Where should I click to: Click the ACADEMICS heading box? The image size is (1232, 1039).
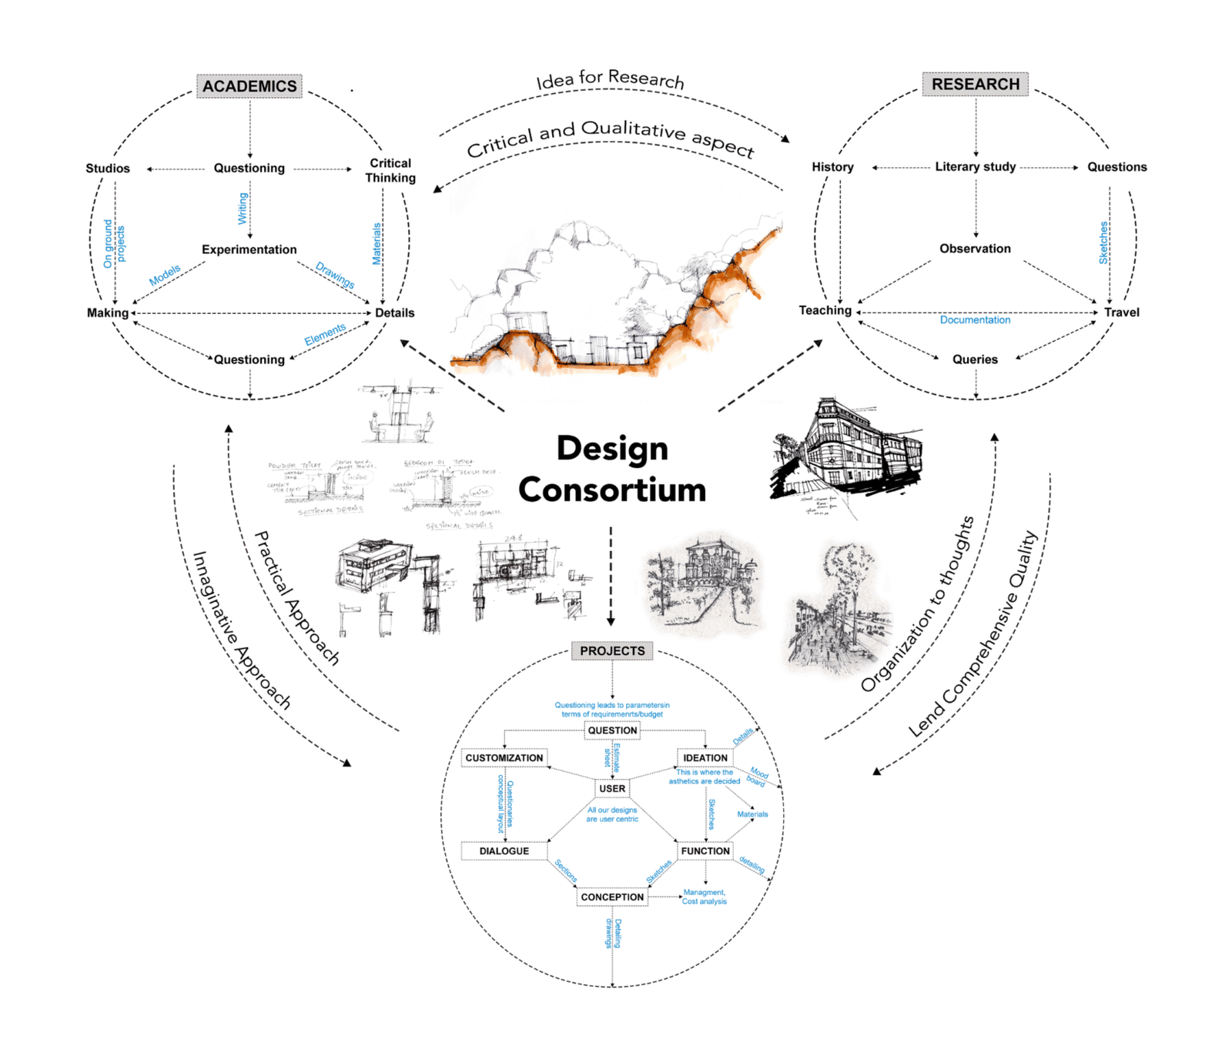pos(249,86)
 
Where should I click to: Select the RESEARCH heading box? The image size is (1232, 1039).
pos(975,84)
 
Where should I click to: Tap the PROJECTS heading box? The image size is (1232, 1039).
pos(612,651)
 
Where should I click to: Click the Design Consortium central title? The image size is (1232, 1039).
pos(612,469)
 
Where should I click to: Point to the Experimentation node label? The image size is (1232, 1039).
pos(249,249)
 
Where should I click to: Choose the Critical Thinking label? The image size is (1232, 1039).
pos(390,170)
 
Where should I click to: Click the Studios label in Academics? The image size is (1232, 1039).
pos(108,169)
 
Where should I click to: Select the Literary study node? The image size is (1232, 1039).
pos(975,167)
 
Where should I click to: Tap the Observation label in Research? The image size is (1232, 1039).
pos(975,249)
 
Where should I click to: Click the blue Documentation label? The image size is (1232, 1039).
pos(975,320)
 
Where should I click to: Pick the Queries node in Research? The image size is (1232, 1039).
pos(975,359)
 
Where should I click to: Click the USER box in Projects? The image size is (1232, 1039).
pos(612,789)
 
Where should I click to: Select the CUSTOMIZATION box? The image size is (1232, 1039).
pos(504,758)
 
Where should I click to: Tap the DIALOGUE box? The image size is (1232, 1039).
pos(504,851)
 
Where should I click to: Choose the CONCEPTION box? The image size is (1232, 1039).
pos(612,897)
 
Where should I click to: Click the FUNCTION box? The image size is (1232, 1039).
pos(705,851)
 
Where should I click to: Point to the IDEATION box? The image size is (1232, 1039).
pos(705,758)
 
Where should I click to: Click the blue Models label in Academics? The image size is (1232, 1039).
pos(165,275)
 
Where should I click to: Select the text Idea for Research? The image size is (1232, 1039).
pos(610,79)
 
